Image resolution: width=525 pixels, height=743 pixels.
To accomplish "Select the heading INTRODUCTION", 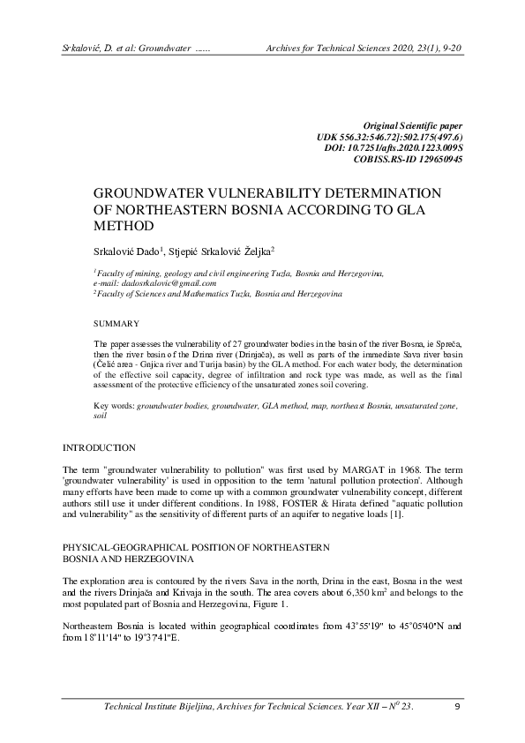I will (x=99, y=448).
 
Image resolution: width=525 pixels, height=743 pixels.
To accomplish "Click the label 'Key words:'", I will (x=114, y=404).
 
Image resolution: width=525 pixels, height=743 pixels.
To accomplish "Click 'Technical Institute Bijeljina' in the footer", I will (x=163, y=707).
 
